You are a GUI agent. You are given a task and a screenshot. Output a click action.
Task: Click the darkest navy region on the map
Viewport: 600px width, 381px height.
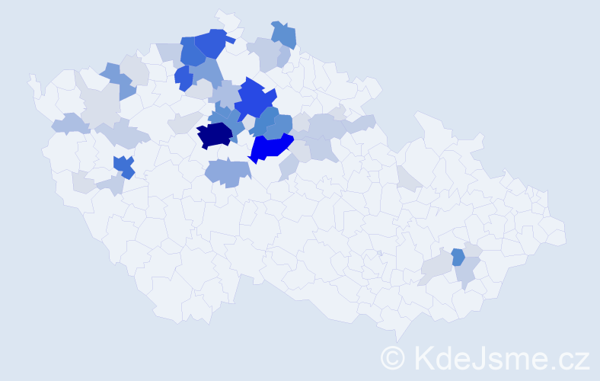click(215, 135)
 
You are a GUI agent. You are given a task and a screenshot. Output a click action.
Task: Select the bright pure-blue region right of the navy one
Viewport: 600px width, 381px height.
click(270, 146)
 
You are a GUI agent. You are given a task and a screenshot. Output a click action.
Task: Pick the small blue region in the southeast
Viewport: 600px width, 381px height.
click(458, 257)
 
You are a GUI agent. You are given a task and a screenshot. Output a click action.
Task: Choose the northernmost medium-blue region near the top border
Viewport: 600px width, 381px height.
click(284, 34)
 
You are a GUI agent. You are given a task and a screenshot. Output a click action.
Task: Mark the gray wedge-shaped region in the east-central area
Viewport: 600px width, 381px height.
click(407, 178)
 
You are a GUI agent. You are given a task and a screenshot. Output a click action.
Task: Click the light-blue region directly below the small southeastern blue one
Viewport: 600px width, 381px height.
click(467, 273)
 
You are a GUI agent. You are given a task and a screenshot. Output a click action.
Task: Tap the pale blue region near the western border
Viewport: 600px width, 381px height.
click(69, 123)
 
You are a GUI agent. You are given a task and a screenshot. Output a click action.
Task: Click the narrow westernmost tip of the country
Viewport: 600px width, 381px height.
click(32, 79)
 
